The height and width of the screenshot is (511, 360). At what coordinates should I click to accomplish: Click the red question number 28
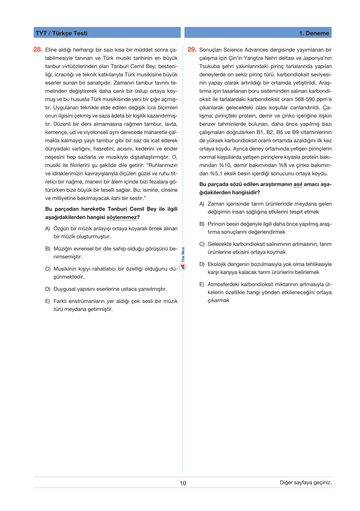pyautogui.click(x=38, y=50)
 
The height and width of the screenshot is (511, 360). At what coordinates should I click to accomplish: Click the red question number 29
pyautogui.click(x=192, y=50)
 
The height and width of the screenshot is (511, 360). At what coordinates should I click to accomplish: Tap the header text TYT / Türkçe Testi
pyautogui.click(x=61, y=33)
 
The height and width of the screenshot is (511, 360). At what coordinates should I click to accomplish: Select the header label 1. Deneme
pyautogui.click(x=314, y=33)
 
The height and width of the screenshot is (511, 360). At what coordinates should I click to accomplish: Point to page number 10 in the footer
pyautogui.click(x=183, y=483)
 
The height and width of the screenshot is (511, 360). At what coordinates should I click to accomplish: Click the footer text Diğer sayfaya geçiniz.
pyautogui.click(x=306, y=483)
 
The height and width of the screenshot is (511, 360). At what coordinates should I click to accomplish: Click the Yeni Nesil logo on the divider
pyautogui.click(x=183, y=259)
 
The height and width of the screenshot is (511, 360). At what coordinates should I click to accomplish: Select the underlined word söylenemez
pyautogui.click(x=122, y=217)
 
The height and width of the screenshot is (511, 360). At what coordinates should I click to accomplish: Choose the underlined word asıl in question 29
pyautogui.click(x=298, y=184)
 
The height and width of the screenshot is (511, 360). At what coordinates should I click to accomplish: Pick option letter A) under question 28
pyautogui.click(x=48, y=228)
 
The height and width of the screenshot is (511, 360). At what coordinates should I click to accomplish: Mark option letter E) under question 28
pyautogui.click(x=48, y=301)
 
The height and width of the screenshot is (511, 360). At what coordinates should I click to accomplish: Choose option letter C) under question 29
pyautogui.click(x=202, y=244)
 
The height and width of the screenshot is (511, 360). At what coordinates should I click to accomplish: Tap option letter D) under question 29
pyautogui.click(x=202, y=264)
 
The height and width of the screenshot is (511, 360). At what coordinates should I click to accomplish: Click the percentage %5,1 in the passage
pyautogui.click(x=216, y=173)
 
